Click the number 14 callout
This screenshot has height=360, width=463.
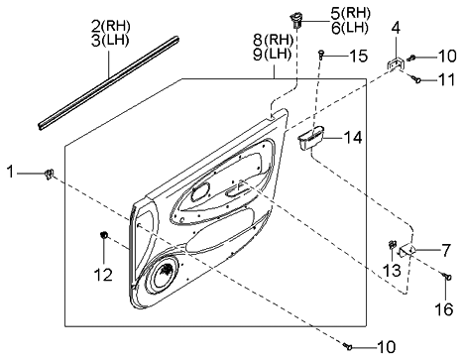pyautogui.click(x=350, y=139)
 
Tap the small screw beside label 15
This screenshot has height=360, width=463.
pyautogui.click(x=324, y=56)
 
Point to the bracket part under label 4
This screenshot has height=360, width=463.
pyautogui.click(x=395, y=64)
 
